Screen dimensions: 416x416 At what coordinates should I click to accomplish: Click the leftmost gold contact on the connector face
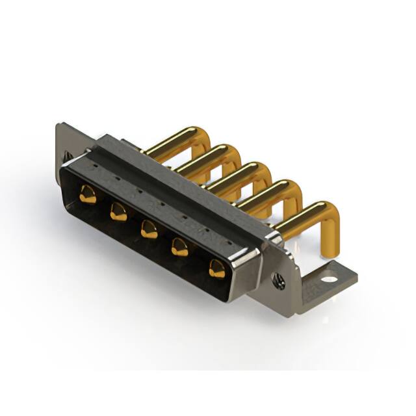(87, 194)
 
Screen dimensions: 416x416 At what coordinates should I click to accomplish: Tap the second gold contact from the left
(118, 212)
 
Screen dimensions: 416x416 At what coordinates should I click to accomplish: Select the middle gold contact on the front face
(149, 229)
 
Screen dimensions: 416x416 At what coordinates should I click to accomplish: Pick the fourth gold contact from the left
(180, 248)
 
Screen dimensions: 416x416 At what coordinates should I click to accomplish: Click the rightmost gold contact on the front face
(216, 268)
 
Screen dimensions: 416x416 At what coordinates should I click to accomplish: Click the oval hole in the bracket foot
(330, 279)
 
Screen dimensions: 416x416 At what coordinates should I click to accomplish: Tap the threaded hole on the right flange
(279, 281)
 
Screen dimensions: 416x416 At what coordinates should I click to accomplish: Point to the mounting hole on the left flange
(66, 156)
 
